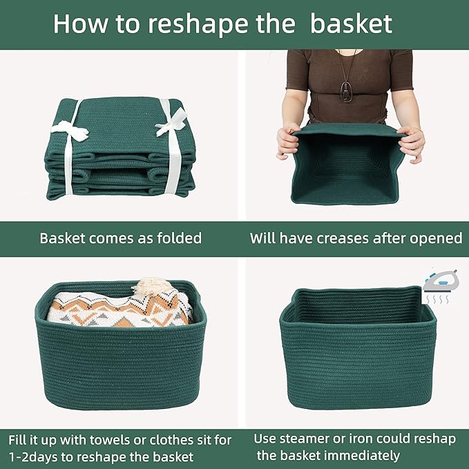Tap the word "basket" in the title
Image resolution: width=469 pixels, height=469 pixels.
(x=351, y=23)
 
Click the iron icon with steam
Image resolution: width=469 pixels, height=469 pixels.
(x=441, y=284)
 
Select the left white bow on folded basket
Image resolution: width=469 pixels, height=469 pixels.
(x=70, y=129)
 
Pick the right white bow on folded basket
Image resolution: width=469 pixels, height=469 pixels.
(x=169, y=126)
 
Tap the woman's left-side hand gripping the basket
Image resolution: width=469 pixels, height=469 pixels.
(x=287, y=141)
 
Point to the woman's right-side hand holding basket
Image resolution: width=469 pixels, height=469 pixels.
(x=412, y=141)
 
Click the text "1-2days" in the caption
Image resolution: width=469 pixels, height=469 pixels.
(x=35, y=457)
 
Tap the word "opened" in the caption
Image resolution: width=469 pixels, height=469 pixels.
(x=437, y=238)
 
